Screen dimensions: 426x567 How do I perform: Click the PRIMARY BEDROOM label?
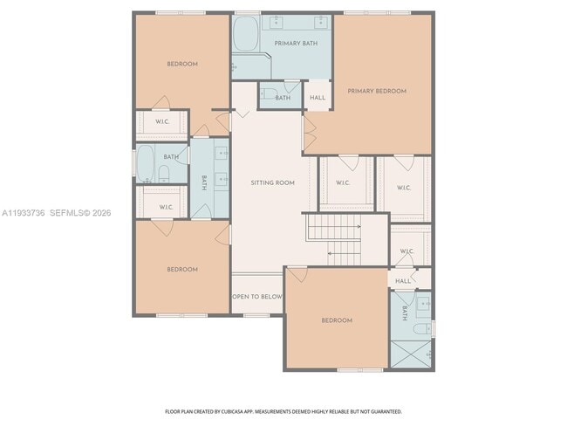[x=377, y=91]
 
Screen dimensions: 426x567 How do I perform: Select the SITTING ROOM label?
[x=272, y=182]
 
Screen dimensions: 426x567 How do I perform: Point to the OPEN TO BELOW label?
[x=257, y=297]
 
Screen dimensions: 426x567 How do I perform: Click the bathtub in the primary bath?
[x=245, y=36]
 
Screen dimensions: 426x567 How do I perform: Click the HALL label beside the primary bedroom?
[x=318, y=98]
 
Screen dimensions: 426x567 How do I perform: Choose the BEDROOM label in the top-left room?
[x=182, y=64]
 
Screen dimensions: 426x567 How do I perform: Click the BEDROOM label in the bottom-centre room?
[x=337, y=320]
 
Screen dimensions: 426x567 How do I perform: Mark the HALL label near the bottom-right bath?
[x=403, y=281]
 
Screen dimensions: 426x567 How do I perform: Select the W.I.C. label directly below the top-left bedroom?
[x=163, y=121]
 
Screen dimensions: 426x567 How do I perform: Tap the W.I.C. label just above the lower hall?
[x=406, y=251]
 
